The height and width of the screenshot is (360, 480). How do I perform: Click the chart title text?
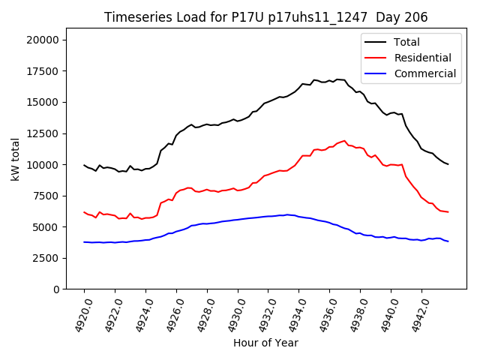pos(265,17)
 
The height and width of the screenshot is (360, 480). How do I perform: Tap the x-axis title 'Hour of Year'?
pos(265,343)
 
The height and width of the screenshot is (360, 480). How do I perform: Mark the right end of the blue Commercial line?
pos(448,241)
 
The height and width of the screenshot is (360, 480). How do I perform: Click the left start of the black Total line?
pos(84,164)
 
